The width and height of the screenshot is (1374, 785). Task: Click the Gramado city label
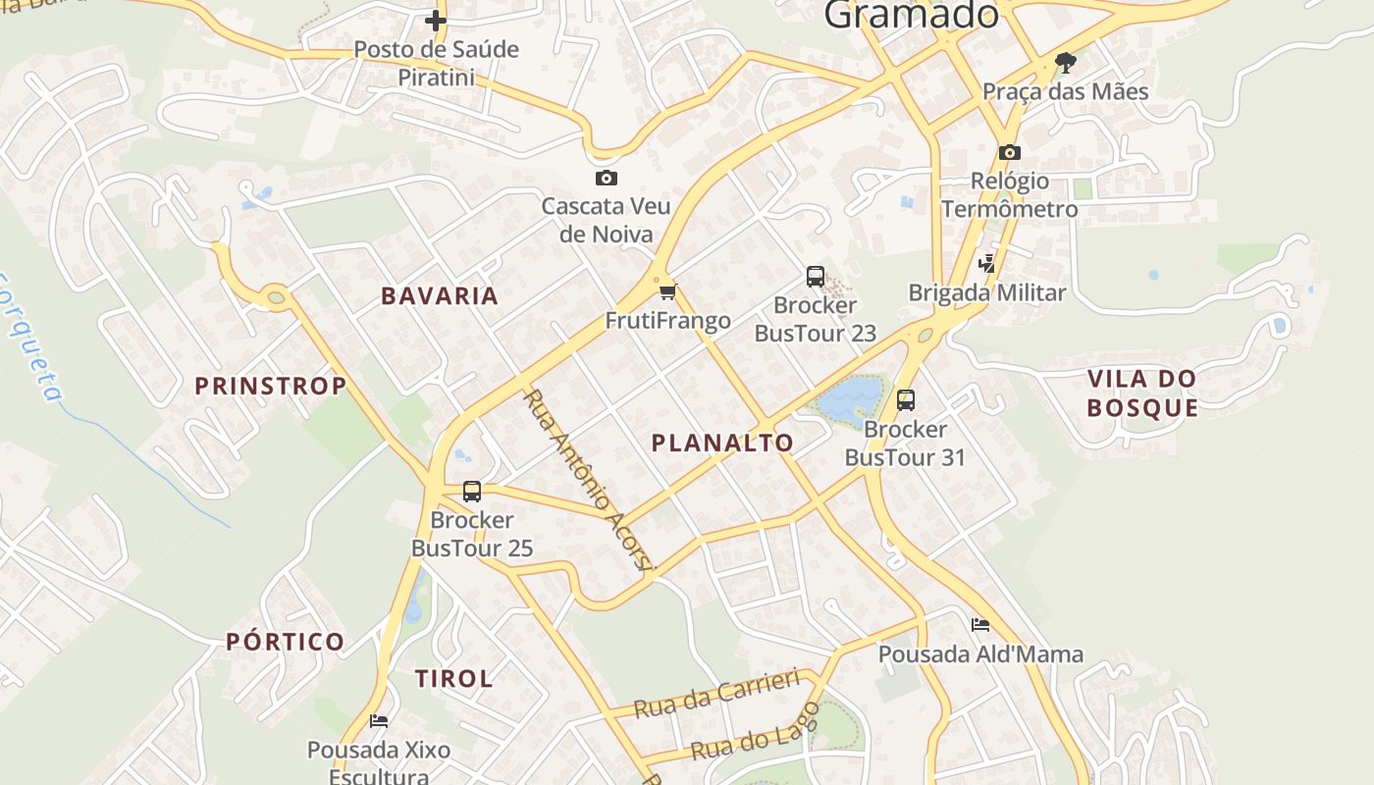click(911, 14)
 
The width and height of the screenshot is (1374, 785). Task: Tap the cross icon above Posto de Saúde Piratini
click(436, 20)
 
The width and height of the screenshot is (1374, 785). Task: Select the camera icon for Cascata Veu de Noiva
click(607, 178)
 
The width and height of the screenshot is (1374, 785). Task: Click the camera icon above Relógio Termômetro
click(1009, 152)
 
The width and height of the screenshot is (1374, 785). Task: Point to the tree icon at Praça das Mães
click(1065, 63)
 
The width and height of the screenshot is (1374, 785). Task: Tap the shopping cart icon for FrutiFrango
click(668, 291)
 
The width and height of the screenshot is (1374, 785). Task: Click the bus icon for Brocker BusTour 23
click(816, 277)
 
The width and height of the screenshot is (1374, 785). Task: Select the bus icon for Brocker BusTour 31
click(905, 400)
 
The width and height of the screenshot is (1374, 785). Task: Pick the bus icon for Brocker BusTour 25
click(472, 491)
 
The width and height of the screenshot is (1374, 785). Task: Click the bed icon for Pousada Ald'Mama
click(979, 625)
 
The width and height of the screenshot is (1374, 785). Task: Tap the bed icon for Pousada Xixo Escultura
click(379, 721)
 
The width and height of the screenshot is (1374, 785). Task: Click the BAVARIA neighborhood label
click(440, 296)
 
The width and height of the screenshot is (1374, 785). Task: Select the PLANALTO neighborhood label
click(722, 444)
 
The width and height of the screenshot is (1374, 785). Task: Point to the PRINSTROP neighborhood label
click(271, 387)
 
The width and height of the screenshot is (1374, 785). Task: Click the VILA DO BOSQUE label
click(1142, 393)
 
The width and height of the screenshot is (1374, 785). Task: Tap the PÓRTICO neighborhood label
click(286, 643)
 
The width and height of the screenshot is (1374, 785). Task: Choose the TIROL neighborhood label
click(453, 679)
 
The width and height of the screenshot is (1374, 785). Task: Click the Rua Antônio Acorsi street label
click(588, 480)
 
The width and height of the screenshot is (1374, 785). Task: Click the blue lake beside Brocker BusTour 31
click(849, 398)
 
